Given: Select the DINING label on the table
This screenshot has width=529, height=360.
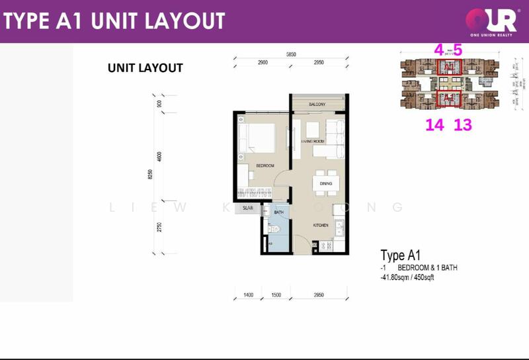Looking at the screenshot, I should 325,184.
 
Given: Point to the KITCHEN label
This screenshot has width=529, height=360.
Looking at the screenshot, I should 321,226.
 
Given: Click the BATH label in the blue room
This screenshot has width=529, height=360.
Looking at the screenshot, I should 278,212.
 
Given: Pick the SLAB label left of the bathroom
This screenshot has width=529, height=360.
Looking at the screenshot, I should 248,208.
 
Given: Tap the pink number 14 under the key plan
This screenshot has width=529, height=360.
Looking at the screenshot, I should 434,124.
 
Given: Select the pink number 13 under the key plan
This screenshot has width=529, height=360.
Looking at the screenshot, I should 463,124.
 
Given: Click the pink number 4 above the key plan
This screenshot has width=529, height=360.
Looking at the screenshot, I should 438,50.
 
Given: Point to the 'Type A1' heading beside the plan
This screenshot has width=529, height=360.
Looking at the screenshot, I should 401,255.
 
